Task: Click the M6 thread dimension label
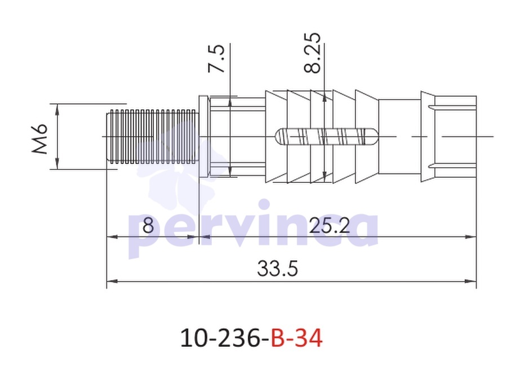point(40,138)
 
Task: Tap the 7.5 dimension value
point(216,59)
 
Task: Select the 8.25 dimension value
point(312,53)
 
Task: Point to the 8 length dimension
point(148,225)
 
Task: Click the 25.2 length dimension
point(330,225)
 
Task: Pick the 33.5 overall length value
point(277,269)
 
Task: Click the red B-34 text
point(296,338)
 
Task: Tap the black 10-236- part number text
point(225,338)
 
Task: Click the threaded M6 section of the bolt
point(152,136)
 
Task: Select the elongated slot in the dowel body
point(327,136)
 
